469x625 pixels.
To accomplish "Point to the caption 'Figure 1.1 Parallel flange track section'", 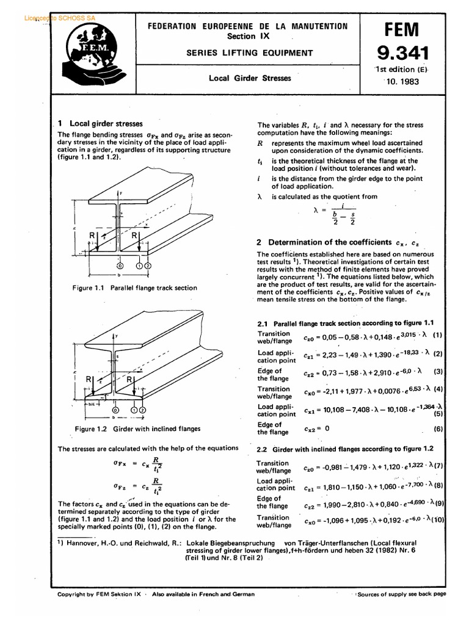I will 134,287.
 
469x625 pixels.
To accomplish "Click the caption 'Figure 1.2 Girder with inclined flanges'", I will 137,428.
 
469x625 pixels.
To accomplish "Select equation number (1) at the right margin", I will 437,335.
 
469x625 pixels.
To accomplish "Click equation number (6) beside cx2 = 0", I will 437,429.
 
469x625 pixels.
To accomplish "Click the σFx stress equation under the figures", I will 137,466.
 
